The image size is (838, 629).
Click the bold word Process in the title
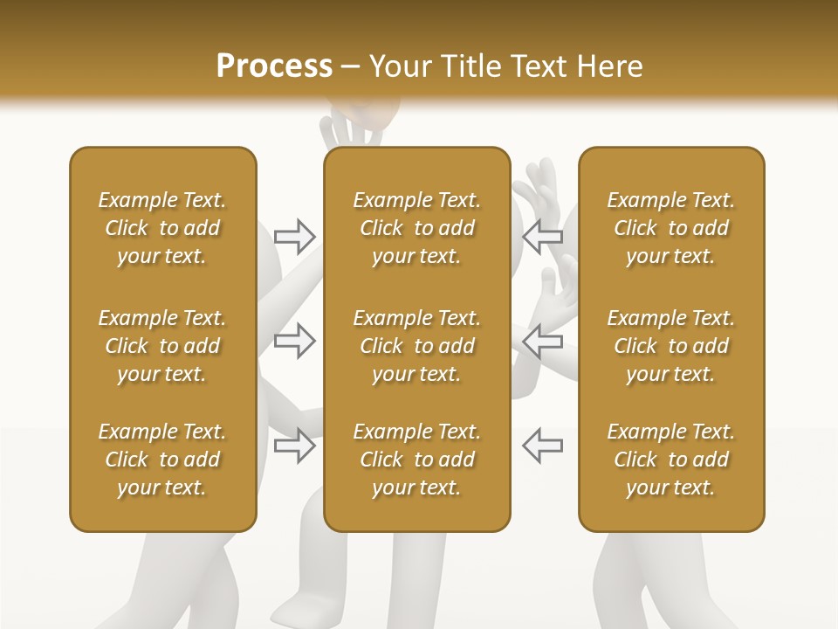pyautogui.click(x=274, y=66)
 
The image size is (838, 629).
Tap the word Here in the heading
pyautogui.click(x=611, y=66)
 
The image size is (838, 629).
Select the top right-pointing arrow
pyautogui.click(x=295, y=235)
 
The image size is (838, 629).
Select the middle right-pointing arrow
pyautogui.click(x=295, y=341)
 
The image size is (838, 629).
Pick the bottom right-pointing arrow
pyautogui.click(x=295, y=445)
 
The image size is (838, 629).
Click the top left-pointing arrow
pyautogui.click(x=542, y=235)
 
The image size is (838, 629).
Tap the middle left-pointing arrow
pyautogui.click(x=542, y=341)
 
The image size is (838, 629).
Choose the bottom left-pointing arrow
pyautogui.click(x=542, y=445)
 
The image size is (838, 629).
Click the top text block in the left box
pyautogui.click(x=162, y=228)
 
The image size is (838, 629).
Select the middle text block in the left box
pyautogui.click(x=162, y=346)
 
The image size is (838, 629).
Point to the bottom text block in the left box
pyautogui.click(x=162, y=460)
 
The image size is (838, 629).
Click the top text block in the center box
pyautogui.click(x=416, y=228)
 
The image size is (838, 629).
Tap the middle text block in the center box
pyautogui.click(x=416, y=346)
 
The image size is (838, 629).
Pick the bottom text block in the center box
pyautogui.click(x=416, y=460)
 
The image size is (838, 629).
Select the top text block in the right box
pyautogui.click(x=671, y=228)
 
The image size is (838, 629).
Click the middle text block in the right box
pyautogui.click(x=671, y=346)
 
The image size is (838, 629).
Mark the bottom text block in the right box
pyautogui.click(x=671, y=460)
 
